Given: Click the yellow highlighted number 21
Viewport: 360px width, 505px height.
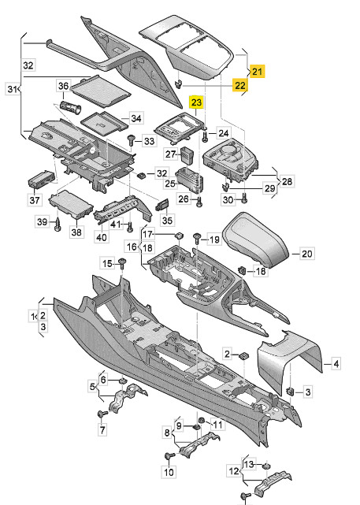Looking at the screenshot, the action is click(257, 71).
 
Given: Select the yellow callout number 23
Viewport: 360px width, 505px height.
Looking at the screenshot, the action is click(196, 102).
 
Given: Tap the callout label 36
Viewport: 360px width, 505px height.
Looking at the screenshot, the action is click(63, 86).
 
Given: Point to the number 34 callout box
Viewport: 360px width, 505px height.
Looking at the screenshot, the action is click(135, 118).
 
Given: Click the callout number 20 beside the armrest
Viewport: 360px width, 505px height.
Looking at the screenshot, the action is click(306, 254).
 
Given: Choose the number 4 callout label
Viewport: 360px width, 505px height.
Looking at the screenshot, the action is click(336, 364).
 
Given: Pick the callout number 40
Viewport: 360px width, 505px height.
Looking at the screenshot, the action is click(102, 237).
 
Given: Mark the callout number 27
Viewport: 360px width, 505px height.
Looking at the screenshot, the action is click(171, 154).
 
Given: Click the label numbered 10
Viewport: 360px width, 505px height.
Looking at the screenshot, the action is click(169, 472).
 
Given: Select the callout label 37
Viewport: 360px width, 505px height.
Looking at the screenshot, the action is click(35, 200).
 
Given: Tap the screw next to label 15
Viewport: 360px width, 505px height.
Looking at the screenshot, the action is click(122, 263).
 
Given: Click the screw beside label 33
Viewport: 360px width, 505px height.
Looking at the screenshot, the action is click(132, 140).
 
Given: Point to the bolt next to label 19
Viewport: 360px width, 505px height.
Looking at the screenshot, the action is click(196, 239).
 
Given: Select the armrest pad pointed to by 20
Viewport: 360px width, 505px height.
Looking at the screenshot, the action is click(256, 239).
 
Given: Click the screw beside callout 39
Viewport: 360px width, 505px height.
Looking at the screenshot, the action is click(58, 224).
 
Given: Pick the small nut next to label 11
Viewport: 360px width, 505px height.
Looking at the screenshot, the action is click(201, 420).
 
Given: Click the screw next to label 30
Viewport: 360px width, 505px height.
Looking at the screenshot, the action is click(244, 199).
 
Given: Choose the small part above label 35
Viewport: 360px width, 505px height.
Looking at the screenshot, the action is click(162, 205).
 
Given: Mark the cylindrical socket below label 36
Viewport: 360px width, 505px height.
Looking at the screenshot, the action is click(71, 107).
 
